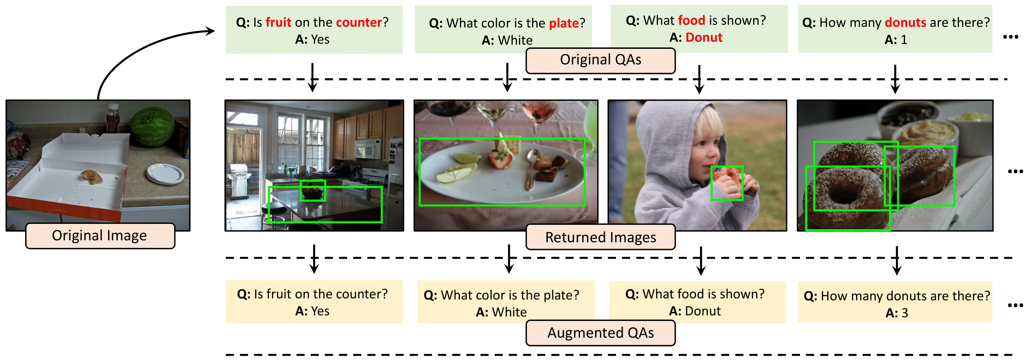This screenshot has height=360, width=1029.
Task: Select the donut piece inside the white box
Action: point(92,176)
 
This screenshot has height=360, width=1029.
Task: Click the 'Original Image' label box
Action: point(100,236)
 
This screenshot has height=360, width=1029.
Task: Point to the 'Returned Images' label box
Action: point(600,237)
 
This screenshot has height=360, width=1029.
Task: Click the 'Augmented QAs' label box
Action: point(600,333)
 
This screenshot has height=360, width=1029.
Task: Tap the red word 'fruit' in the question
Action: point(279,22)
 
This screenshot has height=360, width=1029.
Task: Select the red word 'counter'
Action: point(359,22)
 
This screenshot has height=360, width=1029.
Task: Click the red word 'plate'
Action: point(564,24)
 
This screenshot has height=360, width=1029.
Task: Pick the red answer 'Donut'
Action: point(704,38)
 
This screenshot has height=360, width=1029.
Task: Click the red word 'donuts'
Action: point(905,23)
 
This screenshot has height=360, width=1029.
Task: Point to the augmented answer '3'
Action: point(905,313)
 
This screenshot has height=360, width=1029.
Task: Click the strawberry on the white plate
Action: point(500,159)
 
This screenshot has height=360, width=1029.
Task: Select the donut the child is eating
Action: point(727,178)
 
